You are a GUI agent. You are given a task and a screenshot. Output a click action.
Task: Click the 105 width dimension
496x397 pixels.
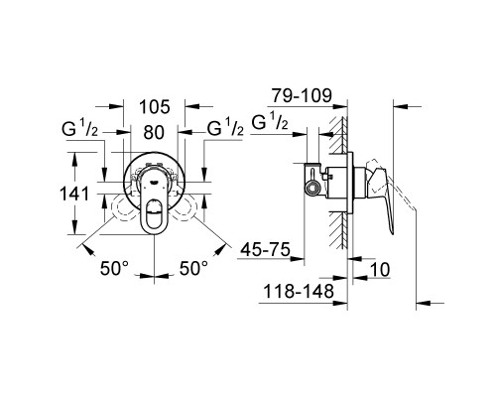pyautogui.click(x=153, y=107)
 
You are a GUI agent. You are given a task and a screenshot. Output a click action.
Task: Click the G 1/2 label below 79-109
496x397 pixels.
pyautogui.click(x=269, y=123)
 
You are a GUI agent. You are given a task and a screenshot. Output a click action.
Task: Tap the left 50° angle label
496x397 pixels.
pyautogui.click(x=114, y=268)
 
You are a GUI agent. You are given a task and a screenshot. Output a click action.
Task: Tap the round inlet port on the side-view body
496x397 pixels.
pyautogui.click(x=313, y=187)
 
